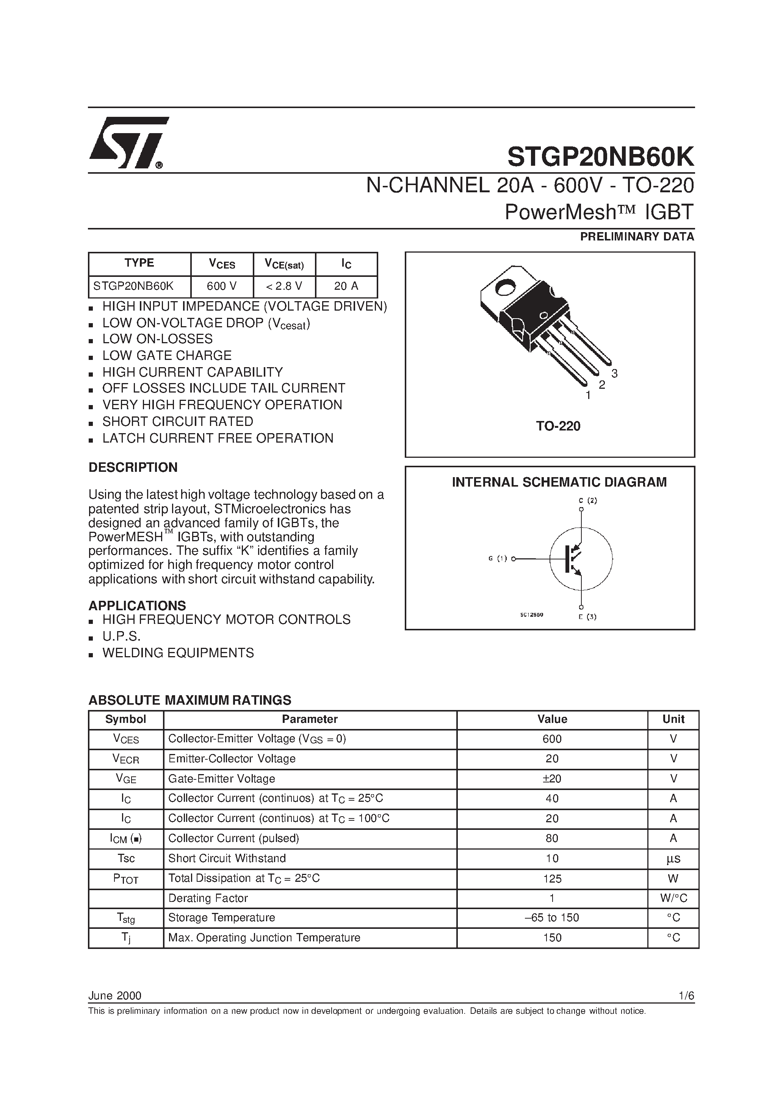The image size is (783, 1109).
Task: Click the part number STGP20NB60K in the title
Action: pos(601,157)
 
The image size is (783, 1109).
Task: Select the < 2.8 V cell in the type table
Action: pos(284,286)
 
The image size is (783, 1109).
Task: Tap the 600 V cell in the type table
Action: pos(222,286)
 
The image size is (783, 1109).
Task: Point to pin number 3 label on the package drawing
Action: pos(614,373)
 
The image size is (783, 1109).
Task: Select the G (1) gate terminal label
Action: pos(498,559)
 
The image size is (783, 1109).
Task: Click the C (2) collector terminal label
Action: pos(588,500)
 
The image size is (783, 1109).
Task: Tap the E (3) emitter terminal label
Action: pos(587,617)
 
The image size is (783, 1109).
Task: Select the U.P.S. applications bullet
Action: pos(121,636)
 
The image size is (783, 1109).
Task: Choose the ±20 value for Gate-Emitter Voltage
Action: pos(552,779)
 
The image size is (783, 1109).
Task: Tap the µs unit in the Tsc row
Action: pos(673,858)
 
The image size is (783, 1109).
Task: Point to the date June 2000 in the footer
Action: pos(115,996)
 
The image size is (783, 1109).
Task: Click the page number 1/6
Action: pos(686,996)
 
